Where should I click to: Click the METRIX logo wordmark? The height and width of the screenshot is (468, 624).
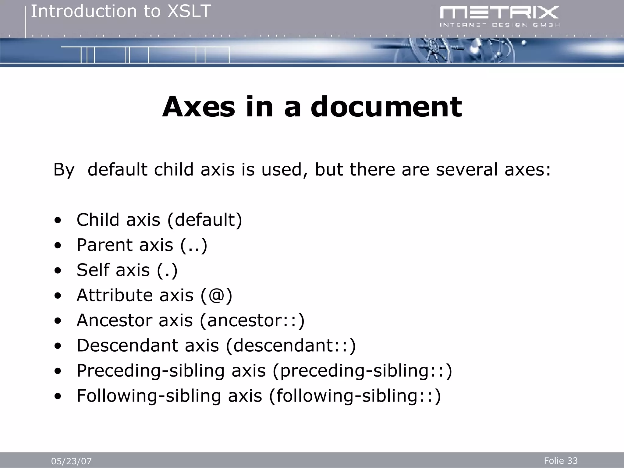499,13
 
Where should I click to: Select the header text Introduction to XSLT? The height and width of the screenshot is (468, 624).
121,12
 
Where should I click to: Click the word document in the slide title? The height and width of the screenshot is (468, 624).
386,107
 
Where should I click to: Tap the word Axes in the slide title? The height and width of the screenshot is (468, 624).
199,107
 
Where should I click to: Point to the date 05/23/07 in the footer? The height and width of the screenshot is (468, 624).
71,461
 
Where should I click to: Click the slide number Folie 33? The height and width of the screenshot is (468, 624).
561,460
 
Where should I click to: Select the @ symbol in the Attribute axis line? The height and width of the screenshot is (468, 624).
216,295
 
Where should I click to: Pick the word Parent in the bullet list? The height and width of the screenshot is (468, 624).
105,245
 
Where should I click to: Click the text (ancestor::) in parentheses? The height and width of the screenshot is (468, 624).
252,321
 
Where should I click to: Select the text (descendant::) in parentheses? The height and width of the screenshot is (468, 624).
291,346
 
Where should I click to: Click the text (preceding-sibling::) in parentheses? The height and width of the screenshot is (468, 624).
362,371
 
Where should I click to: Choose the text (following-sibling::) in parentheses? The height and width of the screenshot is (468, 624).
355,396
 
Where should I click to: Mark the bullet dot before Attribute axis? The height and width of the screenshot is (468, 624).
58,296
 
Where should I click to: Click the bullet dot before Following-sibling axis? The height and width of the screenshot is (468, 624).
58,396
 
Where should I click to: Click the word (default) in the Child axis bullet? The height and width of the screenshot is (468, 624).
205,220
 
